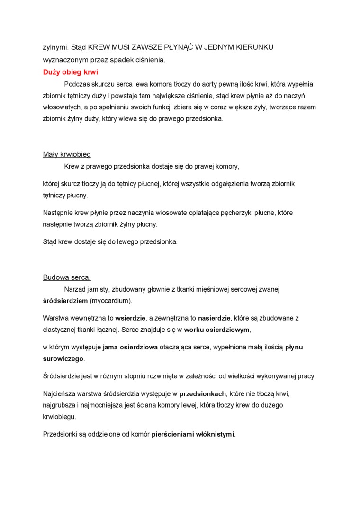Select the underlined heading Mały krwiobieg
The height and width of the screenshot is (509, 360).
67,154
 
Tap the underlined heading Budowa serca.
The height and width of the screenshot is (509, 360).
67,277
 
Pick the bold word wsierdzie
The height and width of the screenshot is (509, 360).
130,318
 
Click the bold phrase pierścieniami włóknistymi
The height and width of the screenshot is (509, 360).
193,434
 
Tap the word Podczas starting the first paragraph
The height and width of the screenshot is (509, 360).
78,84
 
